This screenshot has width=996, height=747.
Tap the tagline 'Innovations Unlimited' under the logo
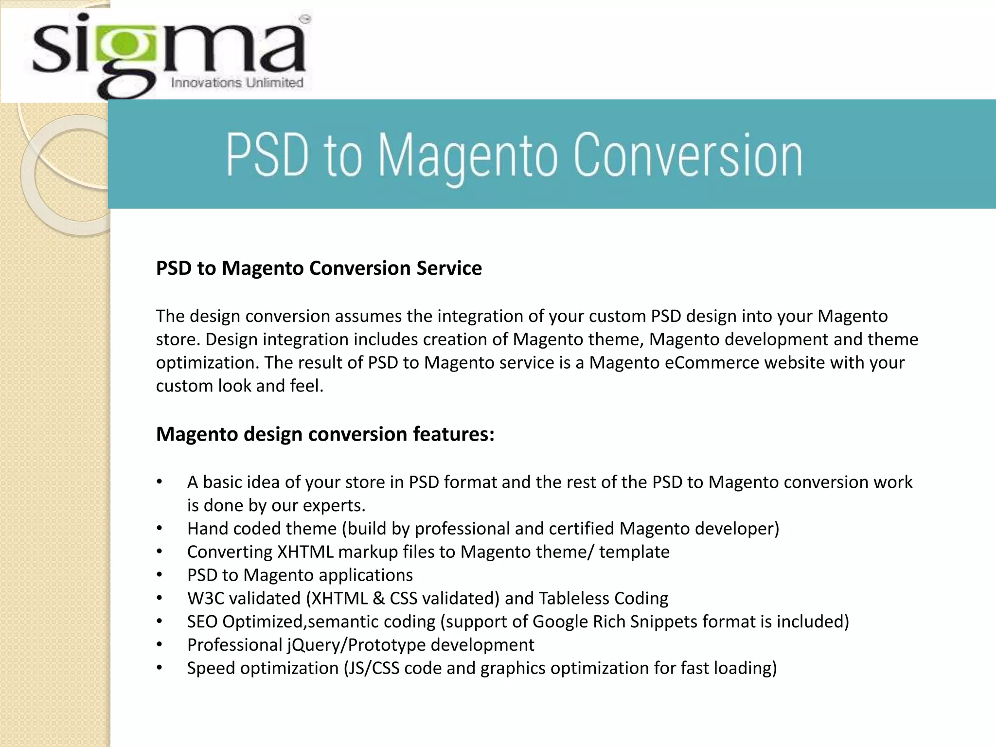(237, 83)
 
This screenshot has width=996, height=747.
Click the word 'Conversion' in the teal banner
(688, 156)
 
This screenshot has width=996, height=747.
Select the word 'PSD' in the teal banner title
(267, 156)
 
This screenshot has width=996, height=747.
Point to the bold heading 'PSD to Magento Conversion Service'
(319, 268)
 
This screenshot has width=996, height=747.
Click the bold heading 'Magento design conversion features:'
(325, 434)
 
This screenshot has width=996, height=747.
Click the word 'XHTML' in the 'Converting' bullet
(305, 552)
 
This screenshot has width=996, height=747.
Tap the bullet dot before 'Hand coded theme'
(159, 529)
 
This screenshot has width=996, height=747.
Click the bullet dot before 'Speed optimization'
(159, 668)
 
